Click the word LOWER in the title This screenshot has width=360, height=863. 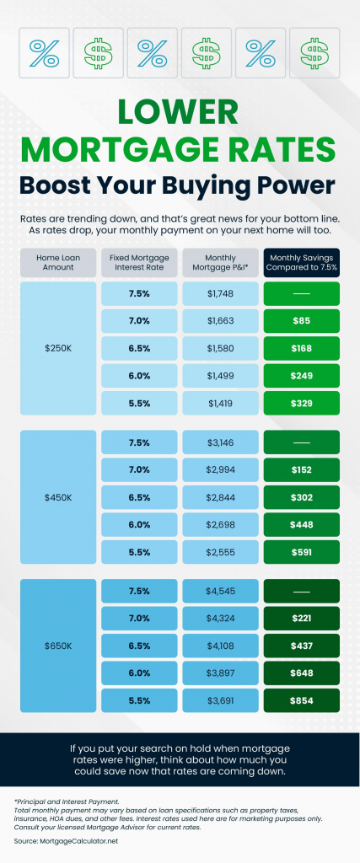point(180,113)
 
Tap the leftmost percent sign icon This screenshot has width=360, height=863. point(44,52)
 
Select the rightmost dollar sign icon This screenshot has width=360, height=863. point(315,52)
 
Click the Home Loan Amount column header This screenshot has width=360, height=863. point(58,262)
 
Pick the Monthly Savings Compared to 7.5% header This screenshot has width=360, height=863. point(302,262)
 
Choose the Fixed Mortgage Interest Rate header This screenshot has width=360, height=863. point(139,262)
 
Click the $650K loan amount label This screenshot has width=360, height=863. point(58,645)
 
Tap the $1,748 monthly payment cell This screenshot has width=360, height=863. point(220,294)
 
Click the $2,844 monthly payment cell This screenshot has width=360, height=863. point(220,496)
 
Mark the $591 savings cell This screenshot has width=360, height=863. point(302,552)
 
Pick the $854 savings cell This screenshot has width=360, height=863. point(302,700)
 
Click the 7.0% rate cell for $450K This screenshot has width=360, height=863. point(139,469)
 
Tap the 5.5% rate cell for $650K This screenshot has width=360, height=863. point(139,700)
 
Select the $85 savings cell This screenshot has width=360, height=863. point(302,320)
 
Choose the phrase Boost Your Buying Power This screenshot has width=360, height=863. point(180,184)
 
